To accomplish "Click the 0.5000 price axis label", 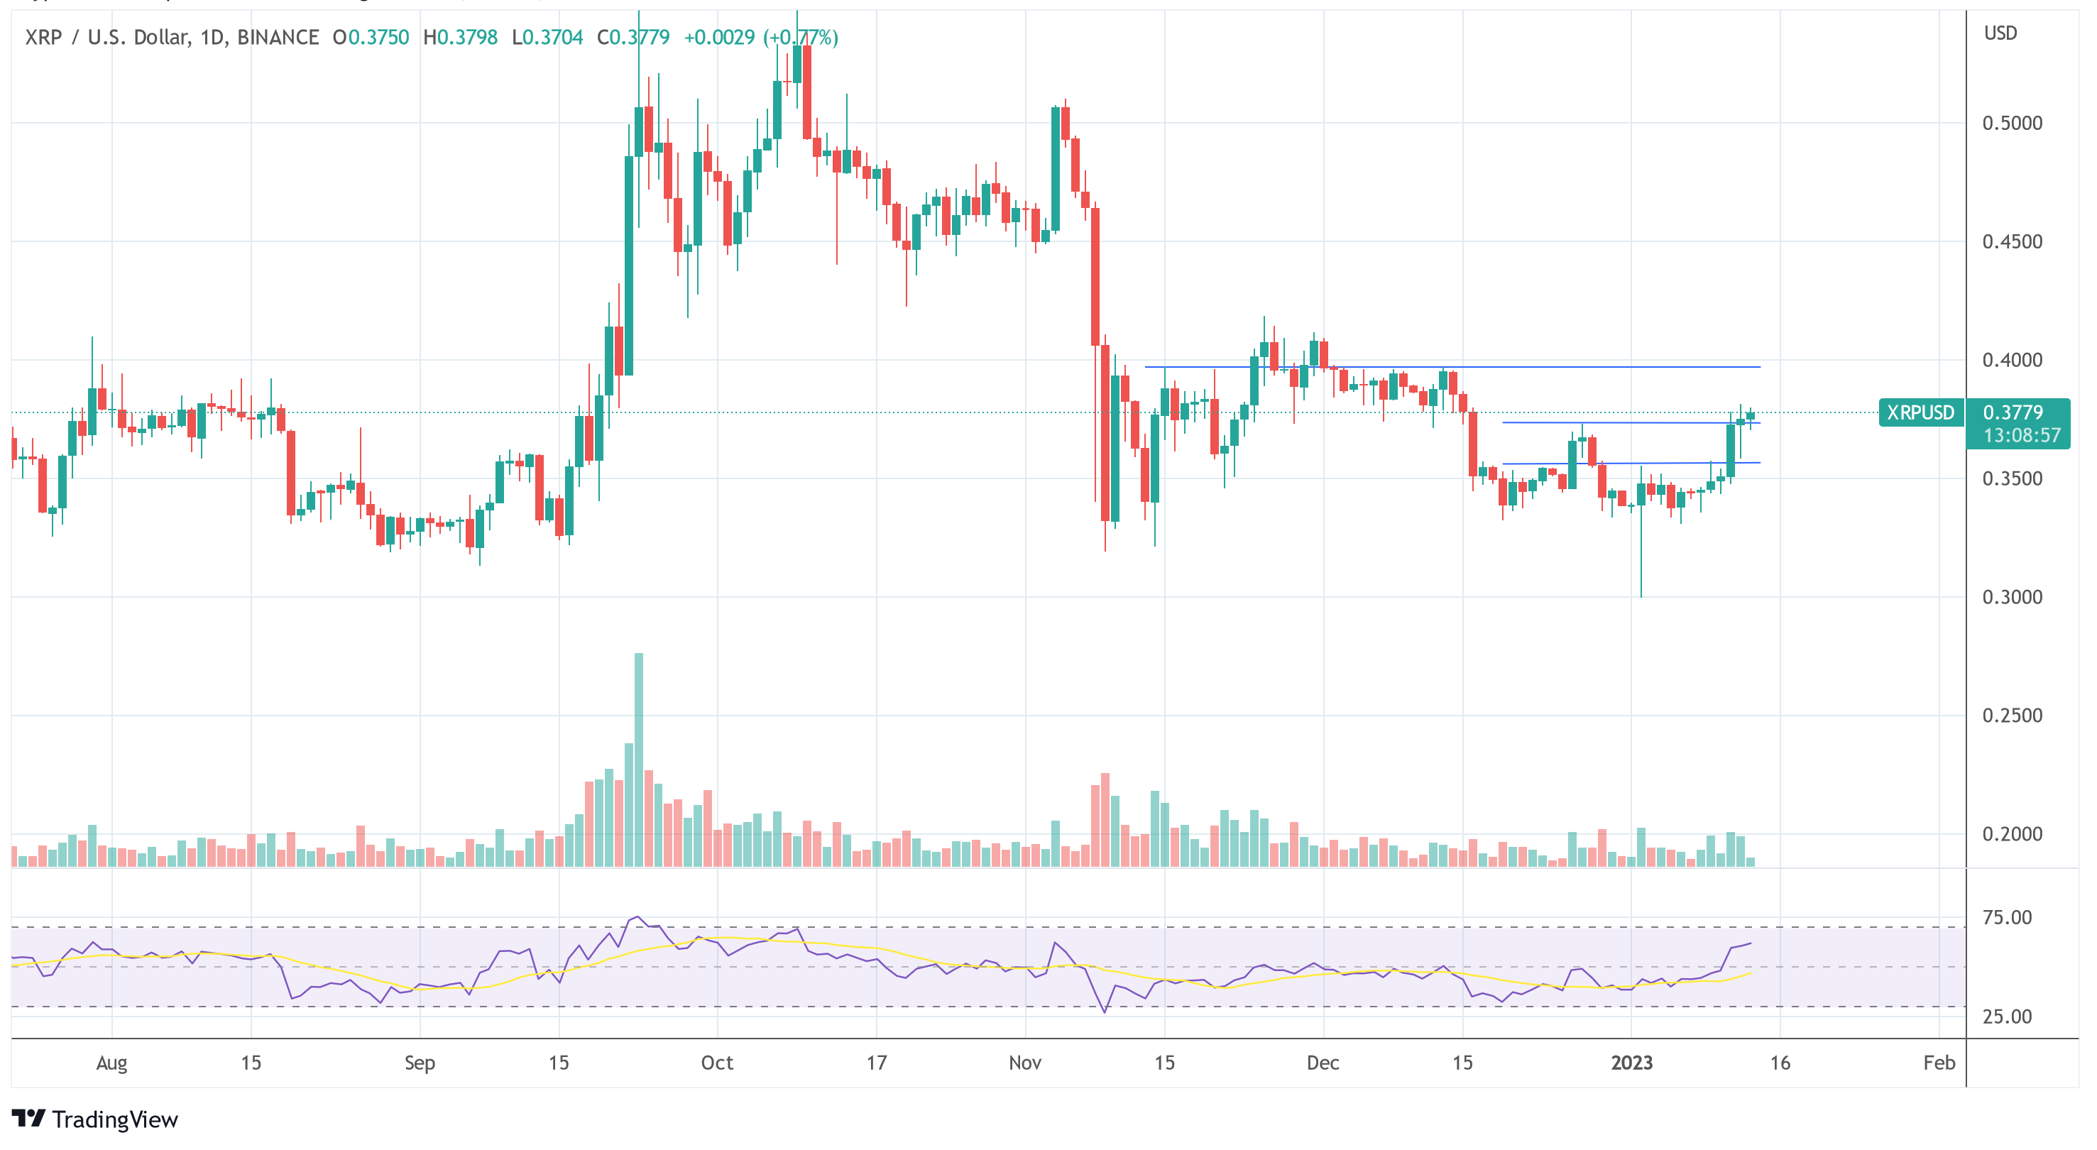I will [x=2012, y=123].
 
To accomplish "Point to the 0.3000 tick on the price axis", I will [x=2012, y=596].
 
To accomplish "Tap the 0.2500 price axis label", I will [x=2012, y=716].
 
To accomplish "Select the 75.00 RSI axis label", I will [x=2007, y=917].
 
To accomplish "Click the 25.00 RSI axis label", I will [x=2007, y=1016].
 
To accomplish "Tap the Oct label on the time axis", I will [x=717, y=1062].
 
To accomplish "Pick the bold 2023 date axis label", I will [x=1631, y=1062].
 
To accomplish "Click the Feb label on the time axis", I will [x=1939, y=1062].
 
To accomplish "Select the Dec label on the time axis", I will [x=1323, y=1062].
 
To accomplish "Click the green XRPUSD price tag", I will [x=1920, y=412].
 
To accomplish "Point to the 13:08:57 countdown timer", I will [x=2021, y=435].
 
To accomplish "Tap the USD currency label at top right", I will [x=2000, y=33].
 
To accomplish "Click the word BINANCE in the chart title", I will [x=278, y=38].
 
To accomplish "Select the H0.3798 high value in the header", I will [x=460, y=38].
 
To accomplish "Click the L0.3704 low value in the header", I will [x=547, y=38].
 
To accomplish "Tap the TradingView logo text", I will [x=114, y=1120].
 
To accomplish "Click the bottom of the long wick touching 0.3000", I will [x=1641, y=596].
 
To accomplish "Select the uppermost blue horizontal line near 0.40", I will [x=1452, y=367].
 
